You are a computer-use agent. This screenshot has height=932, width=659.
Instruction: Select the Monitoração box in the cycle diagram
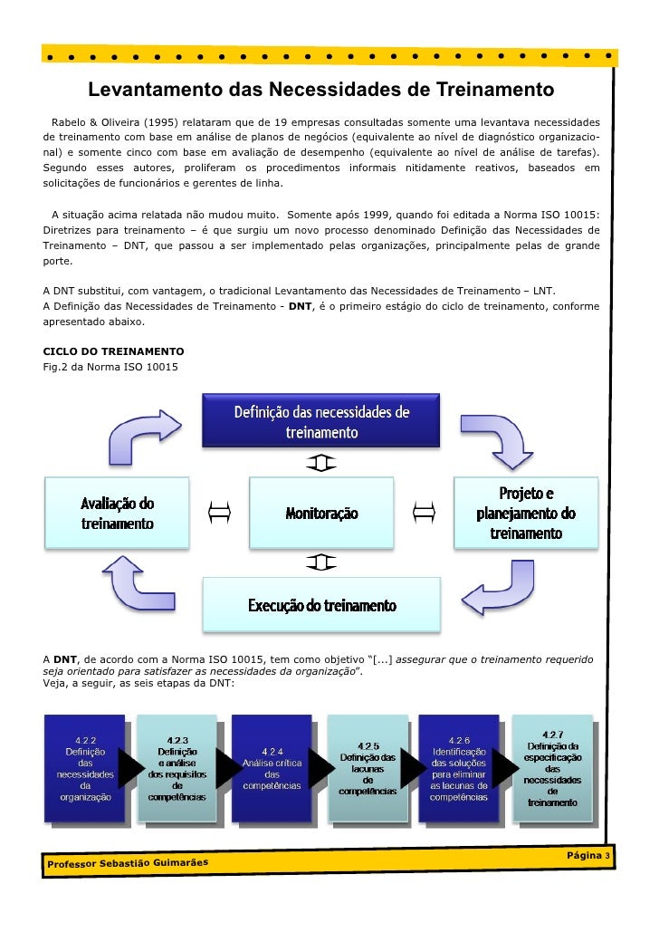point(321,514)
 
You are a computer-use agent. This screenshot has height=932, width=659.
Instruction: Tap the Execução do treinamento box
point(321,604)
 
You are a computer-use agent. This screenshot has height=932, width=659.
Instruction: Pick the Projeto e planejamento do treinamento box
point(526,513)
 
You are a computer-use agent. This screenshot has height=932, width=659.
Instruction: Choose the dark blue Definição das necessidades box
point(321,423)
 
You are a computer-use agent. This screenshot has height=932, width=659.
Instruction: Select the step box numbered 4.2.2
point(85,769)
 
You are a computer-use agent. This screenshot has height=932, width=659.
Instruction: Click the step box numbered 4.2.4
point(272,769)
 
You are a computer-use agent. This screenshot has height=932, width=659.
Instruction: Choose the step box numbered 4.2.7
point(552,769)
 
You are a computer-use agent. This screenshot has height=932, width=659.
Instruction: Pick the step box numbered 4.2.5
point(367,769)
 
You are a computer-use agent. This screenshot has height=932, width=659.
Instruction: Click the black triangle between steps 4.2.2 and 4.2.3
point(131,769)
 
